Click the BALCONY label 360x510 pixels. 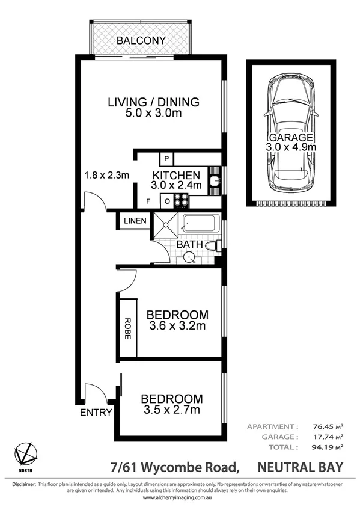point(141,41)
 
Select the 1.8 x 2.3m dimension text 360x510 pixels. point(106,176)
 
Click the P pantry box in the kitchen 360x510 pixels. point(166,159)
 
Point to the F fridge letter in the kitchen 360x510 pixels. point(148,201)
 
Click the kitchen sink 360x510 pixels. point(215,180)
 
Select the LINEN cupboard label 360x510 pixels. point(135,221)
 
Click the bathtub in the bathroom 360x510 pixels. point(201,226)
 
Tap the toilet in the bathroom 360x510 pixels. point(212,246)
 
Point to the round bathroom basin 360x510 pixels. point(189,257)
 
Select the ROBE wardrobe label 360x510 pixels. point(127,329)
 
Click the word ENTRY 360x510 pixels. point(96,413)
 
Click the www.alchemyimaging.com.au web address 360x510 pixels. point(179,498)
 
